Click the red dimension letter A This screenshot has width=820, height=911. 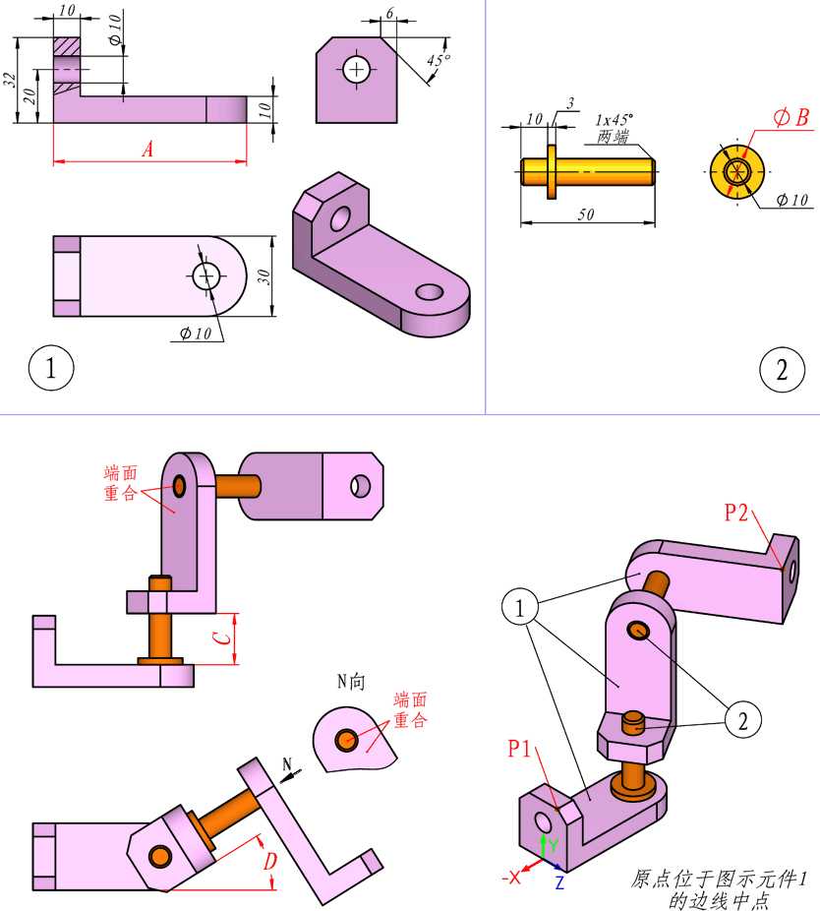148,150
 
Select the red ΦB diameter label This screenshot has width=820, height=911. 791,117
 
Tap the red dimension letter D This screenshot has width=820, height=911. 270,861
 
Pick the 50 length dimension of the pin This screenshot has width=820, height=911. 586,214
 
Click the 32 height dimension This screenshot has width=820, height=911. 9,80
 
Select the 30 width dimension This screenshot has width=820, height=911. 264,276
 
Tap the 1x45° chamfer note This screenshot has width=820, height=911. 614,120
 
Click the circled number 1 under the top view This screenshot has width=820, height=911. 51,368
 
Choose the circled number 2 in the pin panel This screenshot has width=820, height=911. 783,370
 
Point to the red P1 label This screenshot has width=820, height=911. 519,749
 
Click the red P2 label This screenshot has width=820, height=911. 735,513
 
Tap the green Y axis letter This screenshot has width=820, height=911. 554,844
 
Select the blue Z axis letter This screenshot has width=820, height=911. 559,882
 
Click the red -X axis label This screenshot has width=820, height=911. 510,878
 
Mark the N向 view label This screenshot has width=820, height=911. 351,681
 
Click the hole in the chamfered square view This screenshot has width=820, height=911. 356,70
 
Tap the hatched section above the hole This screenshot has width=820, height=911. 67,47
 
